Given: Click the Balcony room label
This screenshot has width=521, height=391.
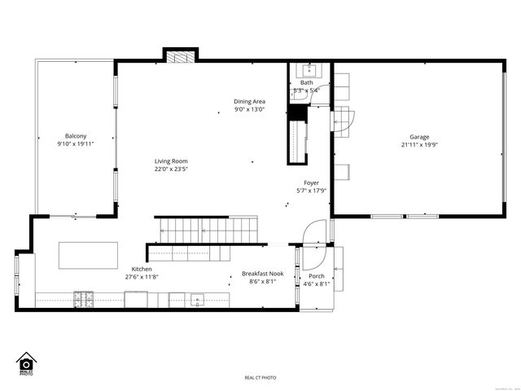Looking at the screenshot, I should [x=76, y=136].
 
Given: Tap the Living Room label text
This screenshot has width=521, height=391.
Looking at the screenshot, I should [x=172, y=161].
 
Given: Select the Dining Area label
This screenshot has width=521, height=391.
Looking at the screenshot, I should [x=250, y=102].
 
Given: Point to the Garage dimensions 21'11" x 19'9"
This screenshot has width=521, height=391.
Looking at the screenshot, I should [x=419, y=145].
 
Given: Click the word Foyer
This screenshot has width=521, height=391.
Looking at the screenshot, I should [x=311, y=183].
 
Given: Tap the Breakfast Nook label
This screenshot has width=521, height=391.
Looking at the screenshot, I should [x=261, y=274].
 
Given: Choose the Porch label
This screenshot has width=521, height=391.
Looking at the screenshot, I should [x=314, y=276].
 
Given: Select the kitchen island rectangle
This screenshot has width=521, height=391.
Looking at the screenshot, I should [x=88, y=255].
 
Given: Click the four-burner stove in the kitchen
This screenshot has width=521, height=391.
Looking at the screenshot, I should [x=84, y=300].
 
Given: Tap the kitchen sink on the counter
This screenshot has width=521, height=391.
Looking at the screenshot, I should [x=196, y=300].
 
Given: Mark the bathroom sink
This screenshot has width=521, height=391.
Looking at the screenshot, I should [x=309, y=70].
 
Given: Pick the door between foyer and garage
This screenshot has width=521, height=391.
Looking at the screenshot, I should [x=341, y=120].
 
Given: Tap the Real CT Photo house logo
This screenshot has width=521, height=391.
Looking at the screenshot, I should [x=25, y=363].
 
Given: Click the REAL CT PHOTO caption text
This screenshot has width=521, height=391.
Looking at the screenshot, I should [x=260, y=378].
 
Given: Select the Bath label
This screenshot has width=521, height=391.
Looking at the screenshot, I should [x=306, y=83].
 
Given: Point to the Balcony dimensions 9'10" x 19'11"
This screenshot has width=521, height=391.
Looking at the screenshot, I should [x=76, y=144].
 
